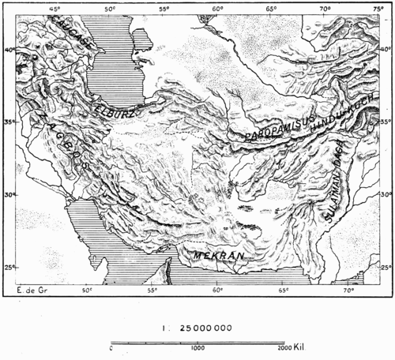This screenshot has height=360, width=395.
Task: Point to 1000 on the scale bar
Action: point(197,348)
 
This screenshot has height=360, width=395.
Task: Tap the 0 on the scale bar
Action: point(112,348)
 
